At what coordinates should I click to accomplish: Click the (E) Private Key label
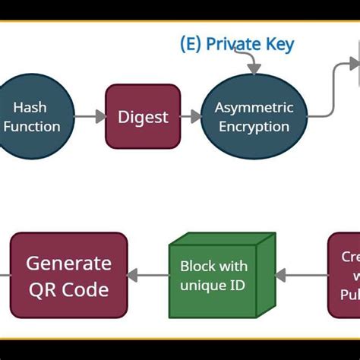(236, 44)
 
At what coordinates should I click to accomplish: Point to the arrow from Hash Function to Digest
(90, 117)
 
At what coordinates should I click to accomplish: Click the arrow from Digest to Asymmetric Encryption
(191, 116)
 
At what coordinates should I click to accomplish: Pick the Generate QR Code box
(68, 275)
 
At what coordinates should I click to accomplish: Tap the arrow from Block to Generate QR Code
(147, 276)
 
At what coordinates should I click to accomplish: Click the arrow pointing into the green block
(300, 276)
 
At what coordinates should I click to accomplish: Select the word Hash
(30, 108)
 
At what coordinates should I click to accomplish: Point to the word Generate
(68, 264)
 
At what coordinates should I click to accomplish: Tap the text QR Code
(68, 289)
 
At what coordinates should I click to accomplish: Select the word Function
(32, 126)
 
